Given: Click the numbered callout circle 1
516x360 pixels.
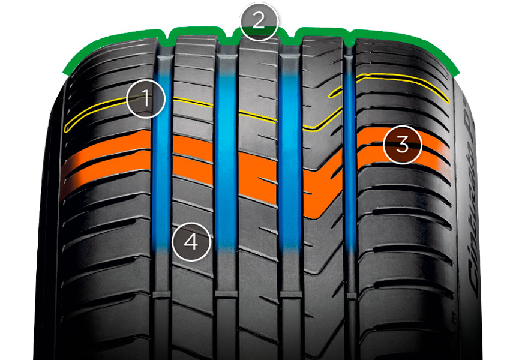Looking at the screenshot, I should click(x=145, y=98).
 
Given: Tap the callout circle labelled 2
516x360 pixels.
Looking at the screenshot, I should click(x=259, y=22).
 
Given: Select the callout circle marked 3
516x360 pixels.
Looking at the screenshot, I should click(x=403, y=145).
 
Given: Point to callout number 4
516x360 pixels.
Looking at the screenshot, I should click(x=191, y=242).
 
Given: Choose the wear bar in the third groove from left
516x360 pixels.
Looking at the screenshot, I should click(x=290, y=295).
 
